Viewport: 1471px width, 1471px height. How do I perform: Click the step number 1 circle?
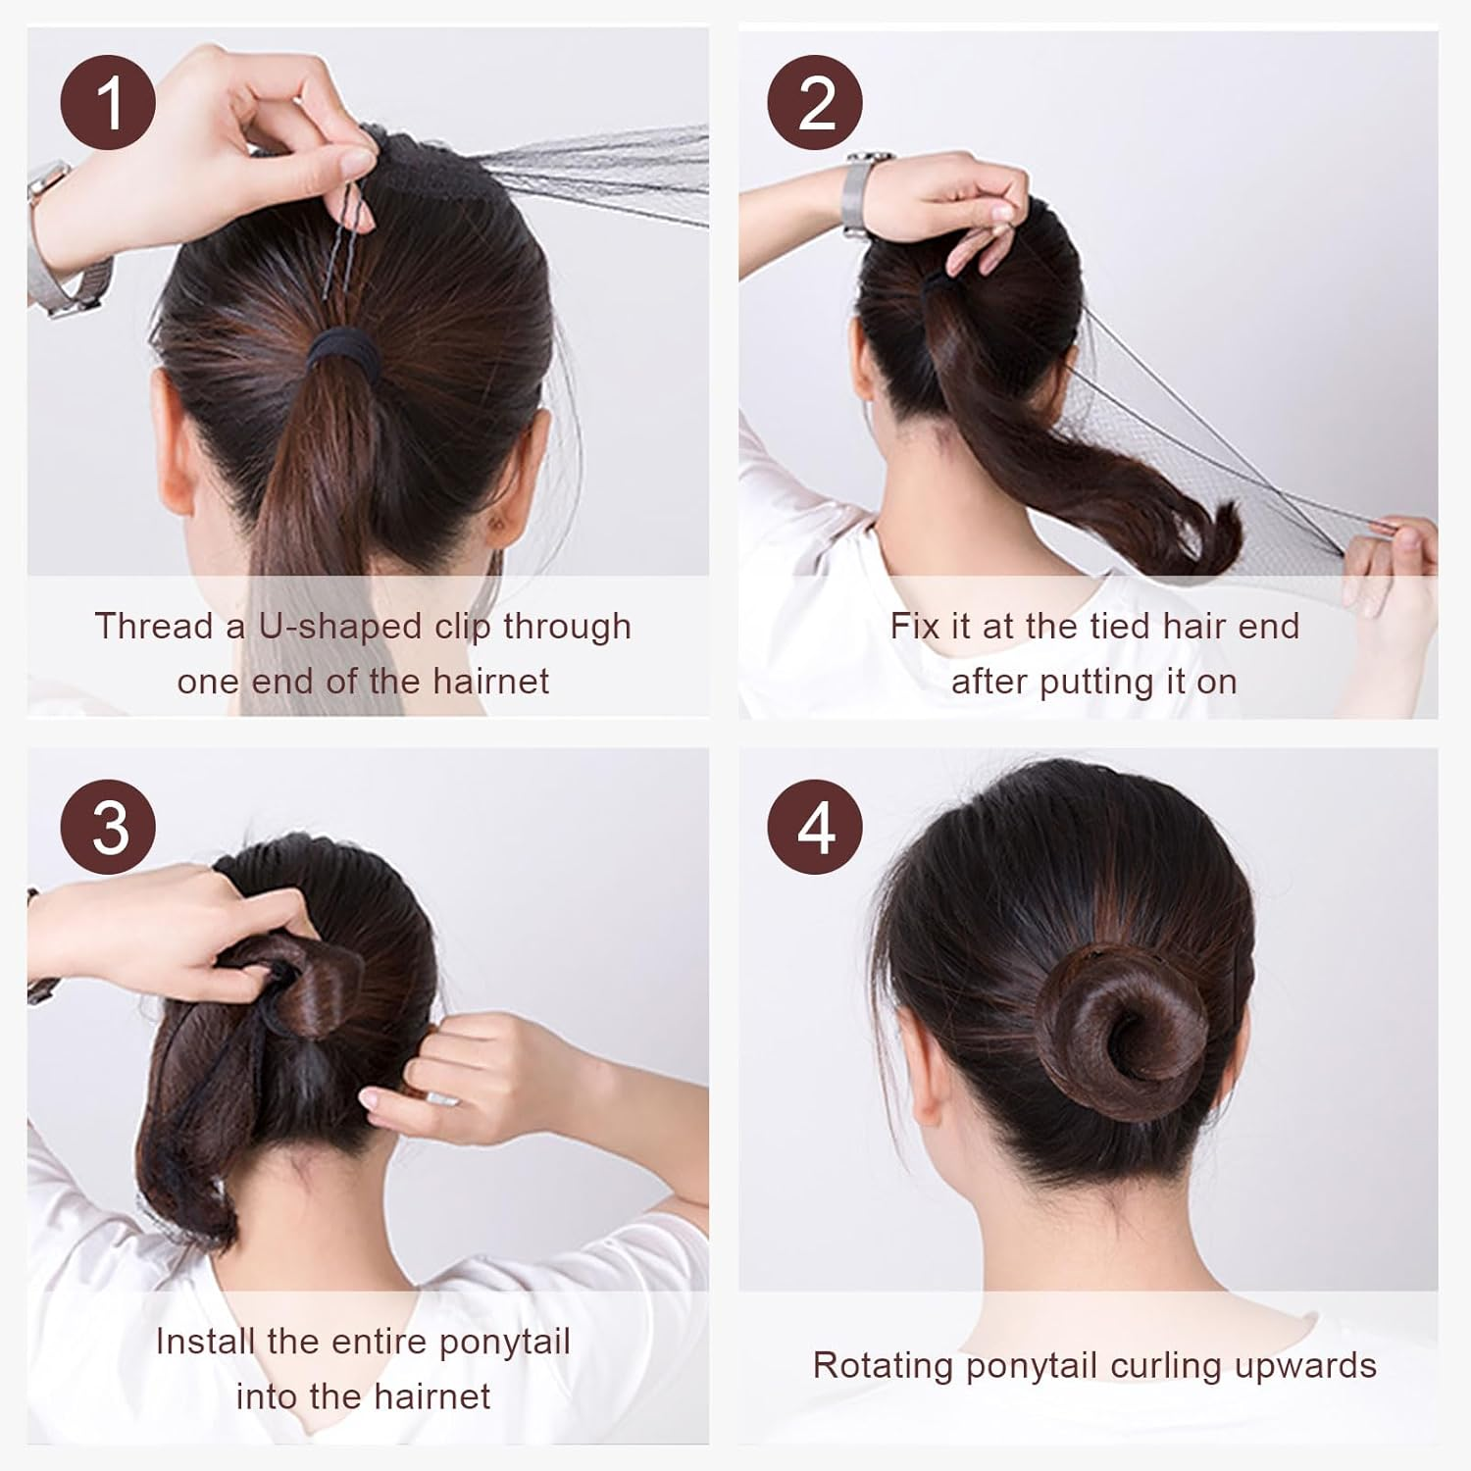[x=108, y=102]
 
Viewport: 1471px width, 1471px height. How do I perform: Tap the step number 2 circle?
[x=815, y=102]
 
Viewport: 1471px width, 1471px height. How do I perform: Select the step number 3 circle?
[x=108, y=827]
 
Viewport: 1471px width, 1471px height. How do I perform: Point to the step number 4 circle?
[x=815, y=827]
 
